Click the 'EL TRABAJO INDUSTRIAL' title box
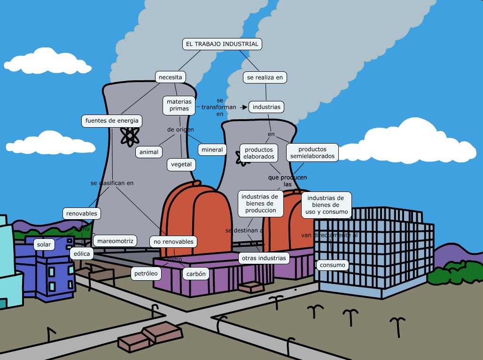(x=222, y=44)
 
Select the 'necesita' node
(x=170, y=77)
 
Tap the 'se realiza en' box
(x=265, y=77)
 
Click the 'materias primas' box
(x=179, y=105)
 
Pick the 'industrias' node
(x=266, y=107)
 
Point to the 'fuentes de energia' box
(x=111, y=121)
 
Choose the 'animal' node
(x=149, y=152)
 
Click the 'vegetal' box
(x=181, y=165)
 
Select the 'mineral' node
(x=212, y=150)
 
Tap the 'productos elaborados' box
(x=258, y=153)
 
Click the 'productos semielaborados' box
(x=312, y=153)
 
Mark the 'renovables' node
(x=81, y=214)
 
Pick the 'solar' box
(x=44, y=245)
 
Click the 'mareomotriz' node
(x=115, y=241)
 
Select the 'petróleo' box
(x=146, y=273)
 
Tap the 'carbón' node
(x=196, y=274)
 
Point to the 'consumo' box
(x=333, y=265)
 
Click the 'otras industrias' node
(x=263, y=258)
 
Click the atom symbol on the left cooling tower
(x=129, y=136)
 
